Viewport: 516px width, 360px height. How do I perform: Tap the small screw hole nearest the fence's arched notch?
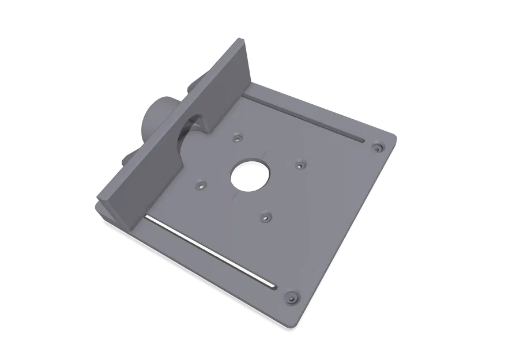(237, 138)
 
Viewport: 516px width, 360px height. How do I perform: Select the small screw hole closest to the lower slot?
(265, 217)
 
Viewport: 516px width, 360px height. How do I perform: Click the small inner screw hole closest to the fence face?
(200, 186)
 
